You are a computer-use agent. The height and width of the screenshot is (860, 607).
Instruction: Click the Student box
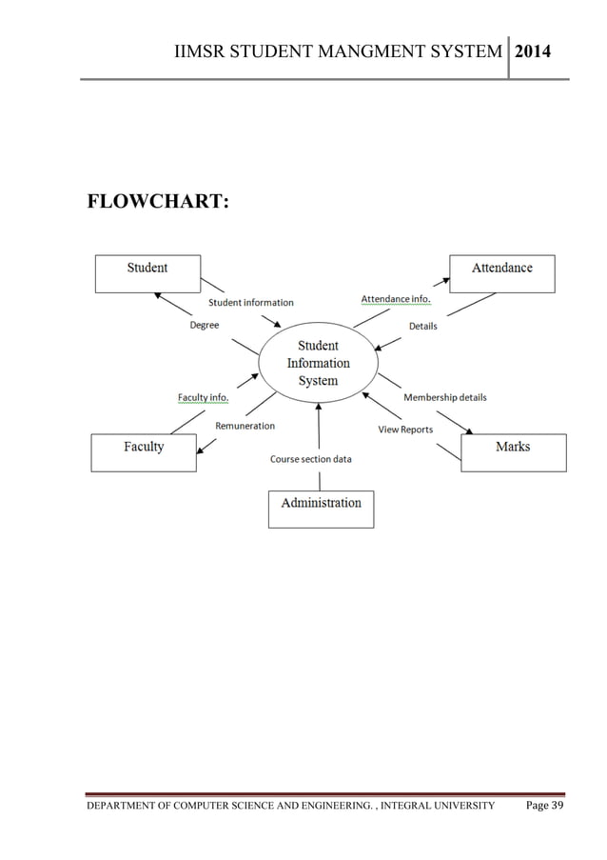147,273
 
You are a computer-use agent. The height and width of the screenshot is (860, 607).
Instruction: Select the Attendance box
501,273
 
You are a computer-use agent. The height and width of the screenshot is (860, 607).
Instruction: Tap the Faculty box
144,452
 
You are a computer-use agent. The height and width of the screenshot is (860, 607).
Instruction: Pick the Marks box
513,452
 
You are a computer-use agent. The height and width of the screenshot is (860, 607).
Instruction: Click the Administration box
321,509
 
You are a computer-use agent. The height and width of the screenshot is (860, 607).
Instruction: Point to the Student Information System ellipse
318,363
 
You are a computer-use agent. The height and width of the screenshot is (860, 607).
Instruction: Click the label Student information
251,303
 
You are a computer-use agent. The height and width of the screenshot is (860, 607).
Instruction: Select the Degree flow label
204,325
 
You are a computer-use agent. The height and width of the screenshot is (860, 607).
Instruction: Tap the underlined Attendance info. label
395,299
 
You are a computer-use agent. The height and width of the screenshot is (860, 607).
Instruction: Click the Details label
422,326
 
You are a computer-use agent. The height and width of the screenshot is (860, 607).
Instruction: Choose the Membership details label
445,397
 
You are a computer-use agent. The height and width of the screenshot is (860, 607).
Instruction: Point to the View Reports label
405,430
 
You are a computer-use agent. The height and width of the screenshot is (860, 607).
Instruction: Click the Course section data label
310,459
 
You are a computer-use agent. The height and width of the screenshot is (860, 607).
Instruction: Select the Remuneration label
245,426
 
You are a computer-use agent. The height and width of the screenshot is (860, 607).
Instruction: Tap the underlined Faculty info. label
203,396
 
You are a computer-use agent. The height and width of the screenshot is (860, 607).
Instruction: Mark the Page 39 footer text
545,807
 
